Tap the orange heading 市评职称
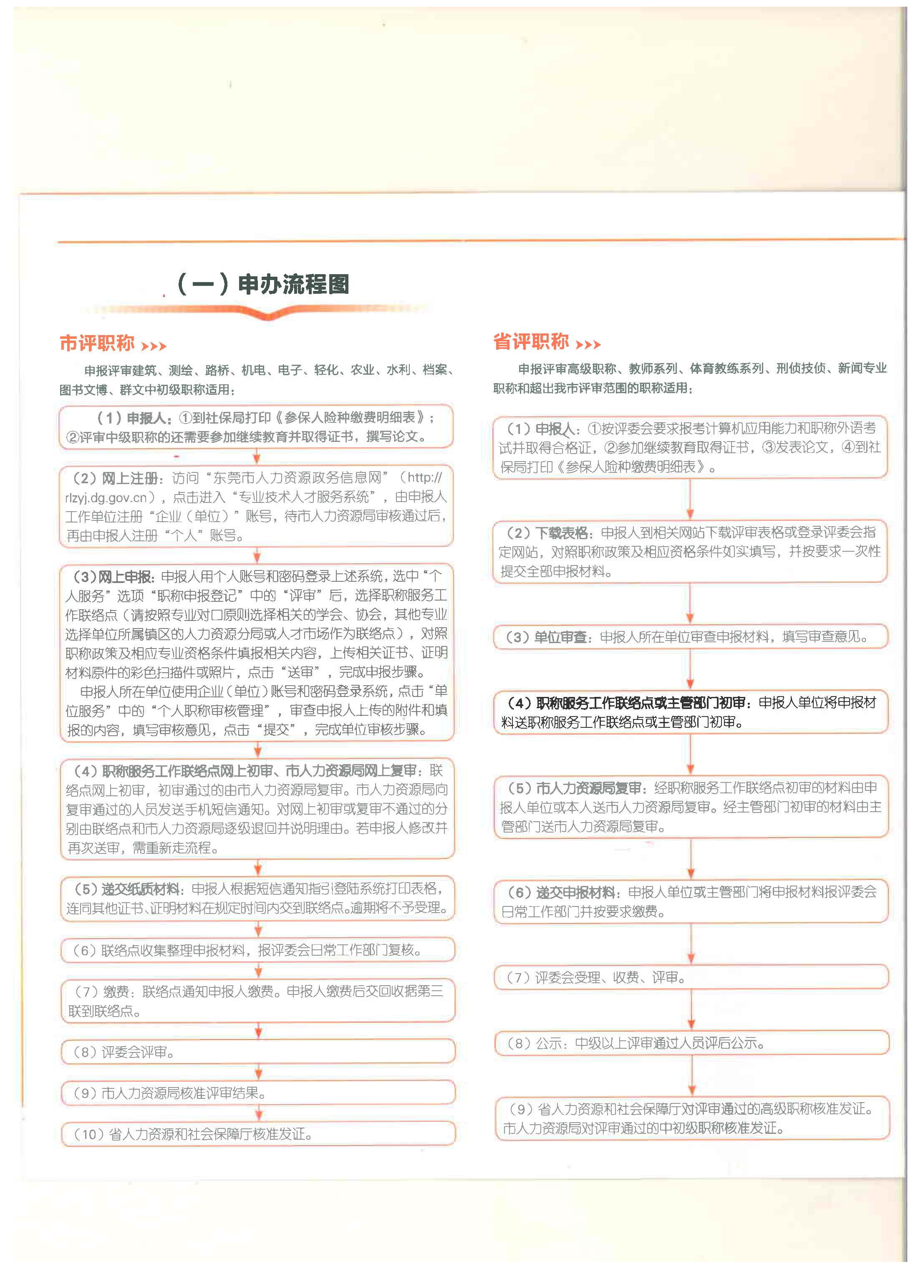(97, 343)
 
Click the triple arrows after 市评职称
(154, 346)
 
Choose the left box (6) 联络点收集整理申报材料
(258, 950)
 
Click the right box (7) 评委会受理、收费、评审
(691, 977)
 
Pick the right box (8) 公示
(691, 1043)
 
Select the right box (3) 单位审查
(691, 636)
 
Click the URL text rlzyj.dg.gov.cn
(106, 497)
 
